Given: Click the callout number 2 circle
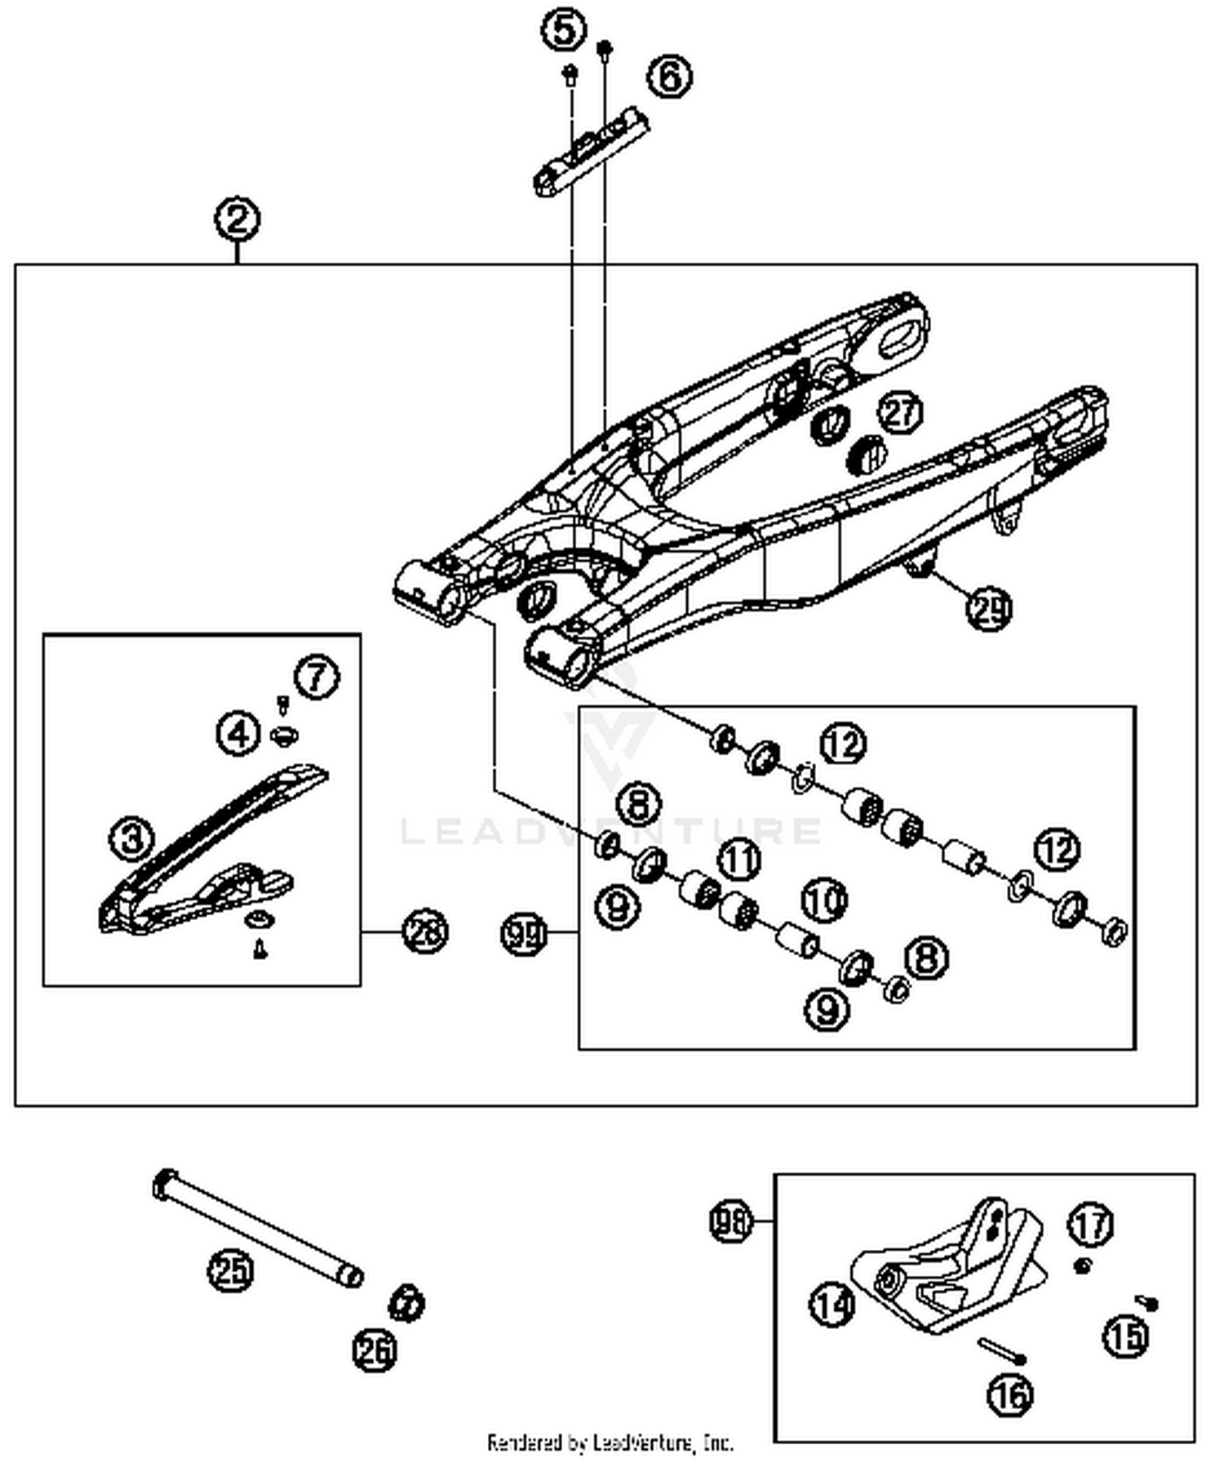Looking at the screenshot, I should click(x=237, y=219).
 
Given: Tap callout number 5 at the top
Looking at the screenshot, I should click(x=563, y=31).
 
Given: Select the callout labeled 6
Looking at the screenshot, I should click(x=669, y=77).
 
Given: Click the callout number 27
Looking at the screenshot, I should click(x=900, y=413).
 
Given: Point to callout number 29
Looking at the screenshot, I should click(x=989, y=608).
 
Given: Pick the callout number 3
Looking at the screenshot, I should click(x=132, y=838).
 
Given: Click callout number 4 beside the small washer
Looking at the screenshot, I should click(x=237, y=733).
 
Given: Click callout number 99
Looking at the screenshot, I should click(x=523, y=933).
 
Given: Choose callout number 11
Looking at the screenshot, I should click(x=739, y=860).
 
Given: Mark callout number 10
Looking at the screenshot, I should click(x=824, y=900).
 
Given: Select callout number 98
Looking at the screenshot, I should click(x=730, y=1222).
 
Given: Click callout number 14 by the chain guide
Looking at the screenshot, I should click(x=832, y=1304).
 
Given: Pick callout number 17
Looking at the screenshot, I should click(x=1091, y=1225).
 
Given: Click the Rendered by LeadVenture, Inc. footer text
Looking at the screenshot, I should click(x=610, y=1443).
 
